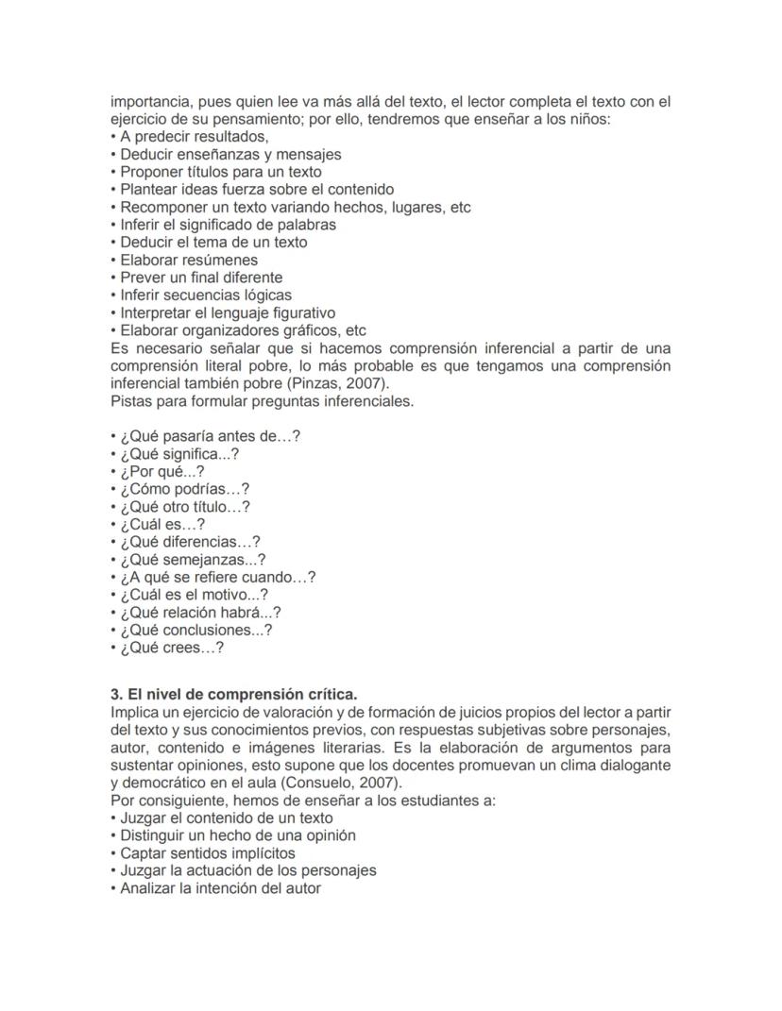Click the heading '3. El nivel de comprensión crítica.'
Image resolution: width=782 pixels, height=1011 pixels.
tap(233, 695)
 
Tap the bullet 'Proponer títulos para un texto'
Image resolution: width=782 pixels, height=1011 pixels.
tap(220, 172)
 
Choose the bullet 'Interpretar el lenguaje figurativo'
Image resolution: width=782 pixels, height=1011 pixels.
tap(227, 312)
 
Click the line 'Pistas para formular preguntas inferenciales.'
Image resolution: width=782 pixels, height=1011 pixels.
tap(262, 401)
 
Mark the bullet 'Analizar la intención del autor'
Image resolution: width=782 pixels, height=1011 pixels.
tap(220, 888)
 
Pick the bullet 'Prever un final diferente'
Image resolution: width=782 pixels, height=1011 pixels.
tap(200, 278)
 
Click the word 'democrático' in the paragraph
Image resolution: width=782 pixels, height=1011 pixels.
tap(164, 783)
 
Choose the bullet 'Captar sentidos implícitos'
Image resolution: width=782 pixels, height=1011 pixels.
tap(207, 853)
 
